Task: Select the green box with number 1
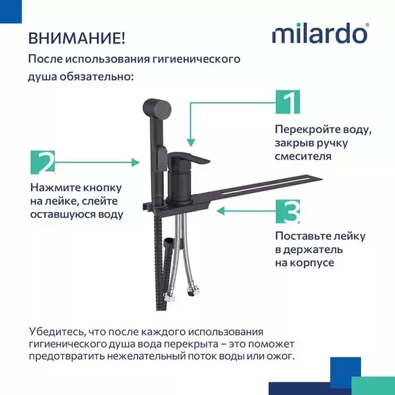pos(287,101)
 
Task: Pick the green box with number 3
pos(287,211)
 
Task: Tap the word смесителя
pos(303,157)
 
